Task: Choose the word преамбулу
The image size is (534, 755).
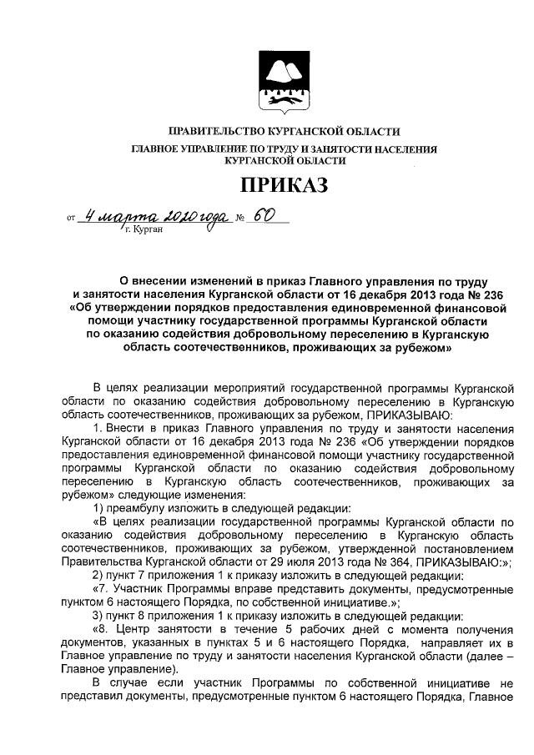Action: [x=137, y=508]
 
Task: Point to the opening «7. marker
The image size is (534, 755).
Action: [x=100, y=589]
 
